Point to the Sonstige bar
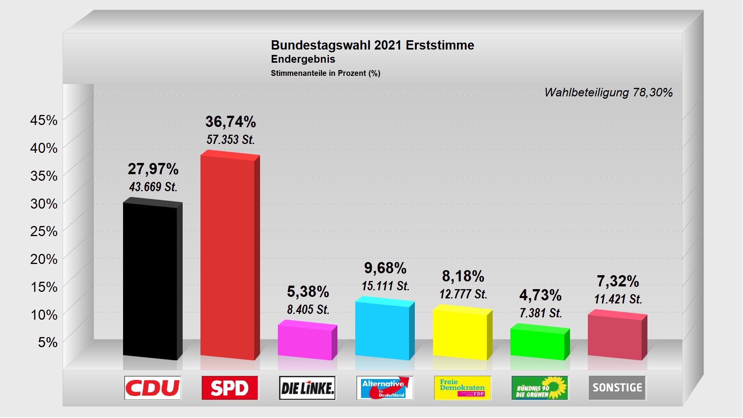coord(615,336)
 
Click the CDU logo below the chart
coord(152,388)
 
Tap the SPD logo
coord(230,388)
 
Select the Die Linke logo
coord(307,388)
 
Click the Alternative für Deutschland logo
coord(385,388)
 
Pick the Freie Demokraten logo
coord(462,388)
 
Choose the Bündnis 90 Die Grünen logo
coord(540,388)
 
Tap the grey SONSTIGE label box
coord(617,388)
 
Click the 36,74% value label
coord(231,122)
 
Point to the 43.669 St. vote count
coord(153,187)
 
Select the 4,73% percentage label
coord(540,295)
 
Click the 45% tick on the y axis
coord(44,120)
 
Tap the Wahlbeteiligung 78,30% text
coord(608,93)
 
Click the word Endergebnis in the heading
coord(303,59)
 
